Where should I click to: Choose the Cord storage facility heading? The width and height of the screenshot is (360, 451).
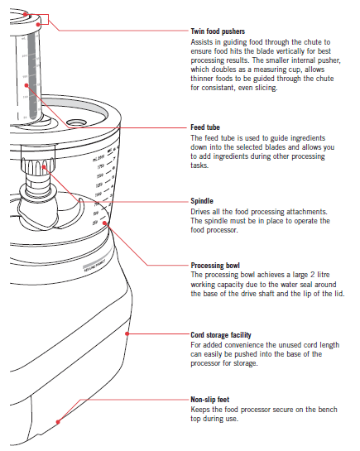pos(228,334)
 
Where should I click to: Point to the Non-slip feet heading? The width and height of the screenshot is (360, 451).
pos(212,398)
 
